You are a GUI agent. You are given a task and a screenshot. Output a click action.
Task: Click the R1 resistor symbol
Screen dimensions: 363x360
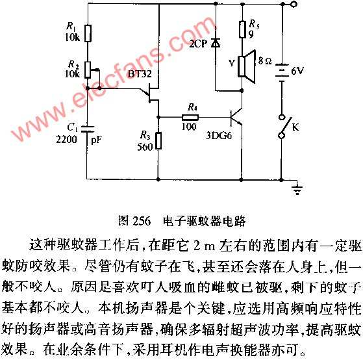coord(88,33)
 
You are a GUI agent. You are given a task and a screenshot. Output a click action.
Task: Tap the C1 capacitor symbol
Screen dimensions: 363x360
coord(88,129)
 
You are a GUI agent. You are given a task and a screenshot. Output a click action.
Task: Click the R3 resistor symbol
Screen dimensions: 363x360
coord(158,140)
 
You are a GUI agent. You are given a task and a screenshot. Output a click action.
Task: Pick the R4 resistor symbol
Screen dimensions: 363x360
coord(190,118)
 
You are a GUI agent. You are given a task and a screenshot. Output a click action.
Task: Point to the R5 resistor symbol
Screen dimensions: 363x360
coord(242,29)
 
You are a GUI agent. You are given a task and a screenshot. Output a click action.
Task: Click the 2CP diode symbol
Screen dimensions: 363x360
coord(216,43)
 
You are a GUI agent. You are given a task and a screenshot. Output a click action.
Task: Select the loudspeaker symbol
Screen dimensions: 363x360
coord(247,66)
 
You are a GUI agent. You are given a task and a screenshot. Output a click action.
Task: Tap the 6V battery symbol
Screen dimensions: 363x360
coord(282,73)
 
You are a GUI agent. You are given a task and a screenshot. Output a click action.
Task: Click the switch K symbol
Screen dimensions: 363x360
coord(284,127)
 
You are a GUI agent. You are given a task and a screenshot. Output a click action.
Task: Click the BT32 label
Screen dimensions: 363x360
coord(140,73)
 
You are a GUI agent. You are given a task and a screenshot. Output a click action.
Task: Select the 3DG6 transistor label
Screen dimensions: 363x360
coord(219,136)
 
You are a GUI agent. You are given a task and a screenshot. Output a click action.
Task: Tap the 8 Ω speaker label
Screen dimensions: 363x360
coord(265,61)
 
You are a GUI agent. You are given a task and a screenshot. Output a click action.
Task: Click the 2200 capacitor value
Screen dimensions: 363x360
coord(66,139)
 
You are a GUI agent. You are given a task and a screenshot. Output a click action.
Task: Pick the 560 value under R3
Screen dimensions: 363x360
coord(145,147)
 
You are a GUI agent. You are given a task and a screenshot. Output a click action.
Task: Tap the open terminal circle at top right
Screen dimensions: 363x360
coord(294,4)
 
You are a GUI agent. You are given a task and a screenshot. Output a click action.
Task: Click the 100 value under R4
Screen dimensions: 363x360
coord(189,127)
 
